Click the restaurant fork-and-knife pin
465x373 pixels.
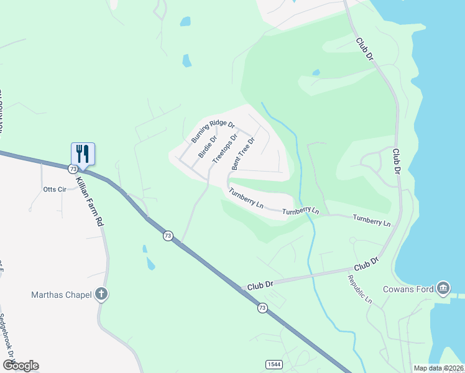pos(83,153)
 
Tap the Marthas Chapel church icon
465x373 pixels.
pos(102,295)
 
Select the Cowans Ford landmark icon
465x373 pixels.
pos(443,288)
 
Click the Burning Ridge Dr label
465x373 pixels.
pos(212,131)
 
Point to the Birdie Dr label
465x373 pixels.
pos(207,147)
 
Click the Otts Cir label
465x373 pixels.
pos(54,190)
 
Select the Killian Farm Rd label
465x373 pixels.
pos(89,200)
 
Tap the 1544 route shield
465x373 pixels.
pos(272,363)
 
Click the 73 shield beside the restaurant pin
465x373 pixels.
pos(73,169)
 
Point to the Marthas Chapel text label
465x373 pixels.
pos(62,295)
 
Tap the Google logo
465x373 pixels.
pos(21,366)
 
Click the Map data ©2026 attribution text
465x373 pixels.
pos(438,368)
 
